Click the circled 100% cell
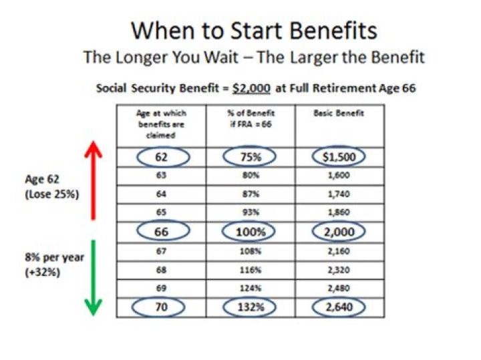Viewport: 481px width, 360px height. coord(251,232)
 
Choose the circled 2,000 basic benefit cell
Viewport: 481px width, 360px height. coord(339,232)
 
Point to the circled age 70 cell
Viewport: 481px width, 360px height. coord(161,308)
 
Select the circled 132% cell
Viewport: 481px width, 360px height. coord(251,308)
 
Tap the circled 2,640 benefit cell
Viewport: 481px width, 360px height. coord(339,308)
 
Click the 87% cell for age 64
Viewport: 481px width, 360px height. coord(251,195)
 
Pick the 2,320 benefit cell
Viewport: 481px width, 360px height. coord(339,271)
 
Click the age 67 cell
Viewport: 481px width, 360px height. coord(161,252)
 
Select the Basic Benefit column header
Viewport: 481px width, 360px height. coord(339,114)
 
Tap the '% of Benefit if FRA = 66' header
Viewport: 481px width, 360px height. coord(251,119)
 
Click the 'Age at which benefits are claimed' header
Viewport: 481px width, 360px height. coord(161,124)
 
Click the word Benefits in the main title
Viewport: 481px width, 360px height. coord(326,31)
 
